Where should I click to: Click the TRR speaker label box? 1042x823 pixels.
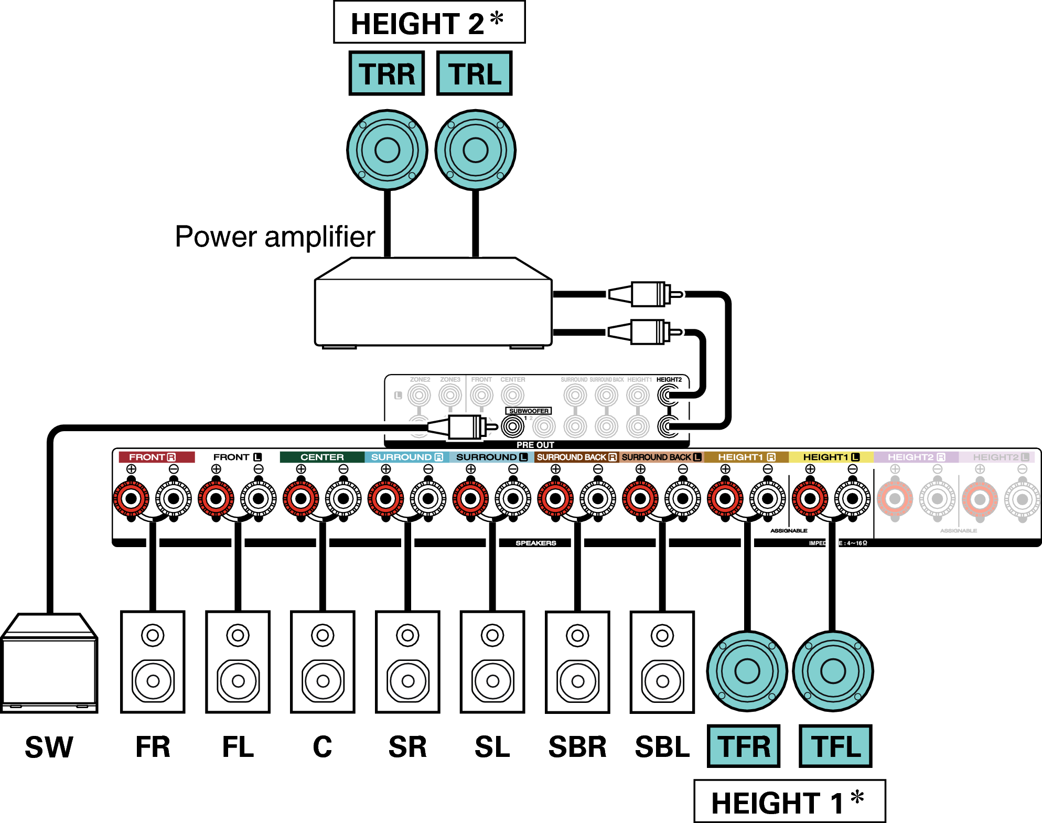tap(386, 73)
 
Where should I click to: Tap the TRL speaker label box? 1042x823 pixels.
tap(474, 73)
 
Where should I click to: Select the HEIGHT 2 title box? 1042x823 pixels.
tap(429, 23)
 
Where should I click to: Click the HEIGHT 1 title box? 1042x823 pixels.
tap(789, 801)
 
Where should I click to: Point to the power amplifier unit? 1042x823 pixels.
tap(433, 309)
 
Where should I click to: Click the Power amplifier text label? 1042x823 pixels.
tap(275, 237)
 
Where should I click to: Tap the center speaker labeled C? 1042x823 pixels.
tap(323, 661)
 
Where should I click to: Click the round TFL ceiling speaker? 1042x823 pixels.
tap(833, 671)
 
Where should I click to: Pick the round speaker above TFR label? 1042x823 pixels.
tap(747, 671)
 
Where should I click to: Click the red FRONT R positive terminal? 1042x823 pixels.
tap(131, 498)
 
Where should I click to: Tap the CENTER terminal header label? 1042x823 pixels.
tap(322, 457)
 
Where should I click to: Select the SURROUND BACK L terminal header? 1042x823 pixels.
tap(661, 457)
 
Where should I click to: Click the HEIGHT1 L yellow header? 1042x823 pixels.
tap(831, 457)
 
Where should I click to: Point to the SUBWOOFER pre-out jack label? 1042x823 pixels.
tap(529, 411)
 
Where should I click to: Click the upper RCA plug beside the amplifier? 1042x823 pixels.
tap(648, 294)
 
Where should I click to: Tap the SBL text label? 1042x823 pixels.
tap(662, 747)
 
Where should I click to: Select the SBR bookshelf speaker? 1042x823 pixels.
tap(577, 661)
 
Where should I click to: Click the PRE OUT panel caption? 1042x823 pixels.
tap(535, 445)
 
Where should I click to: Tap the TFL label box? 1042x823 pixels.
tap(835, 746)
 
